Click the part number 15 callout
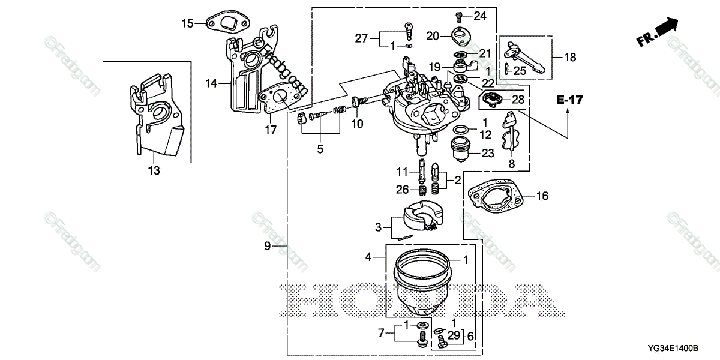(x=188, y=23)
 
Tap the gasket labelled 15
(x=224, y=25)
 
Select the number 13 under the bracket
(x=154, y=171)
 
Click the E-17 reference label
(x=569, y=100)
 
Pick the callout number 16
(x=542, y=196)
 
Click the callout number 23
(x=488, y=154)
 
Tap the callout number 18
(x=569, y=58)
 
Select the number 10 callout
(x=356, y=124)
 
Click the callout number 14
(x=211, y=84)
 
